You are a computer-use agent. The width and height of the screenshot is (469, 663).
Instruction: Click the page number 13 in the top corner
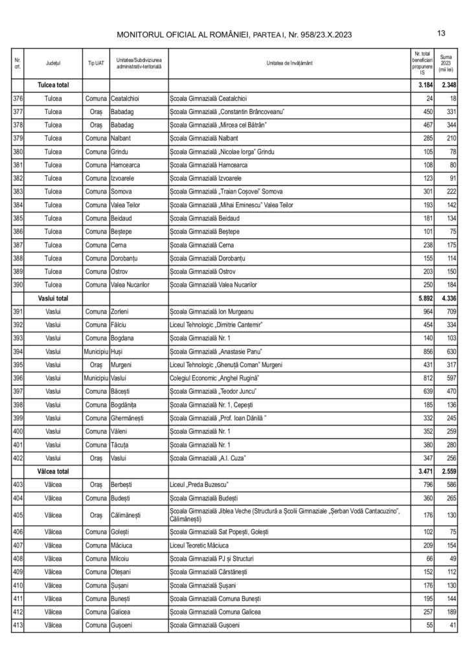point(441,33)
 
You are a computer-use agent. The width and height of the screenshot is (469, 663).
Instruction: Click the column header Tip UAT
point(95,63)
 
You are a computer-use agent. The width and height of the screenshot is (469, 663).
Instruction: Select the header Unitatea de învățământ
point(289,63)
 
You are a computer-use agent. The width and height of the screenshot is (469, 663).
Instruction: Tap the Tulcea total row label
point(52,85)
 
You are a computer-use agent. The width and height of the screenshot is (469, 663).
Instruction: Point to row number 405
point(18,515)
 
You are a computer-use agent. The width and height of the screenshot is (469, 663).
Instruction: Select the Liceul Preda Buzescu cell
point(199,487)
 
